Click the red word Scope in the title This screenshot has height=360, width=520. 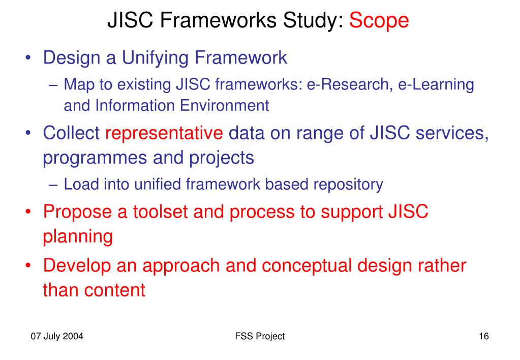pos(379,20)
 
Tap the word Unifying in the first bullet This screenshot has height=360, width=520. pos(154,57)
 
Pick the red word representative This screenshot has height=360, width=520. pos(164,133)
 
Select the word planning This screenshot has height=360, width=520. pos(78,236)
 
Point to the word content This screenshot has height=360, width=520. pos(114,290)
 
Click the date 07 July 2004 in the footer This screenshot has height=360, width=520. pos(57,336)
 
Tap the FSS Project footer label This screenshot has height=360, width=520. pos(260,336)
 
